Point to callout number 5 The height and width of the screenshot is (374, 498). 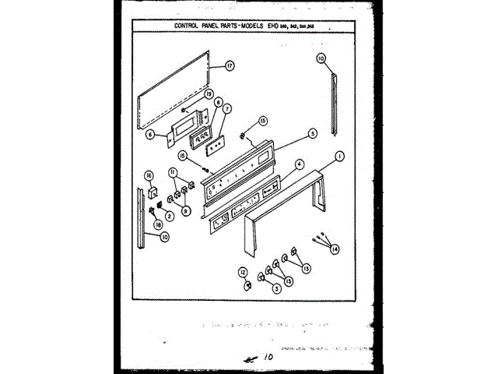(x=312, y=133)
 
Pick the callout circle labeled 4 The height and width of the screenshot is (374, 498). (x=300, y=165)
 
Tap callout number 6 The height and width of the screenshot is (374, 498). (x=149, y=133)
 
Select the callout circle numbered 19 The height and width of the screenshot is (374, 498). (x=209, y=94)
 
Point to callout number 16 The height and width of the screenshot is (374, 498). (x=148, y=178)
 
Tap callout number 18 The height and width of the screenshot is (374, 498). (x=159, y=225)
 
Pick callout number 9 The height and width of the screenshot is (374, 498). (x=186, y=210)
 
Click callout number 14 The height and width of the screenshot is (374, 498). (x=335, y=249)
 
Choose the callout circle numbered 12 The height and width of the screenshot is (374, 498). (x=243, y=272)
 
